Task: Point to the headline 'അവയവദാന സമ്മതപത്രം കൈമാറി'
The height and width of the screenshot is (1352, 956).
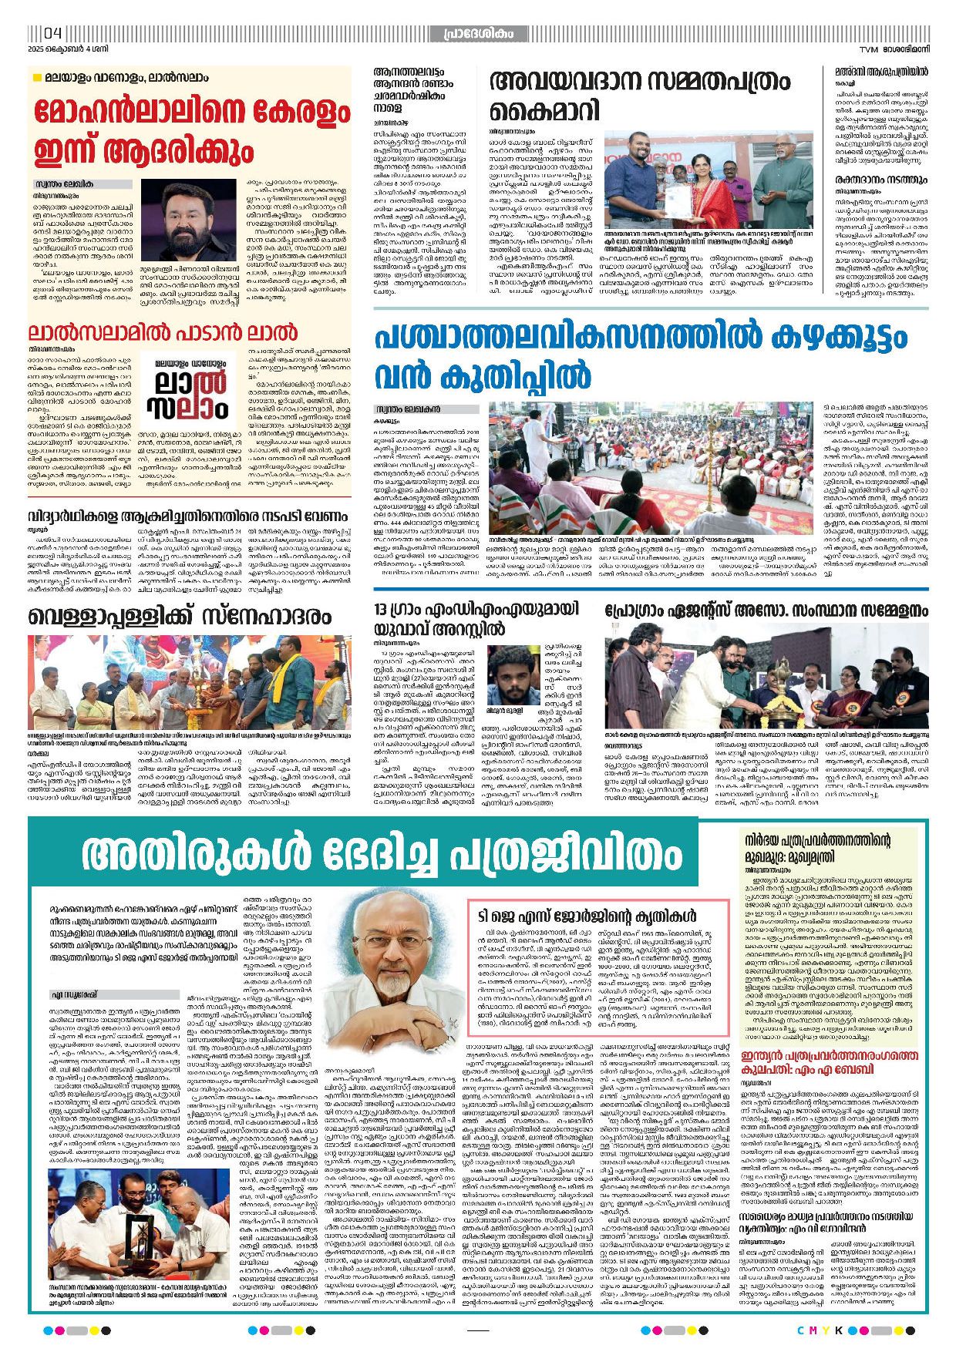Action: tap(628, 95)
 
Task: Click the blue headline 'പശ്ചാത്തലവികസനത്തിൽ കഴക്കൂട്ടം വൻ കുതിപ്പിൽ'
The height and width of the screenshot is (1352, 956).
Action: tap(641, 357)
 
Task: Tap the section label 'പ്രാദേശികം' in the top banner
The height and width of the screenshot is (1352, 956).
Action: tap(478, 34)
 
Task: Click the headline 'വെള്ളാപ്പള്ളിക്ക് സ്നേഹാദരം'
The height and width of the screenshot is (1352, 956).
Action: tap(180, 616)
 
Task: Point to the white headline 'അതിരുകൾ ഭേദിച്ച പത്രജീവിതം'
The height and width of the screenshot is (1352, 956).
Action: tap(382, 853)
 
